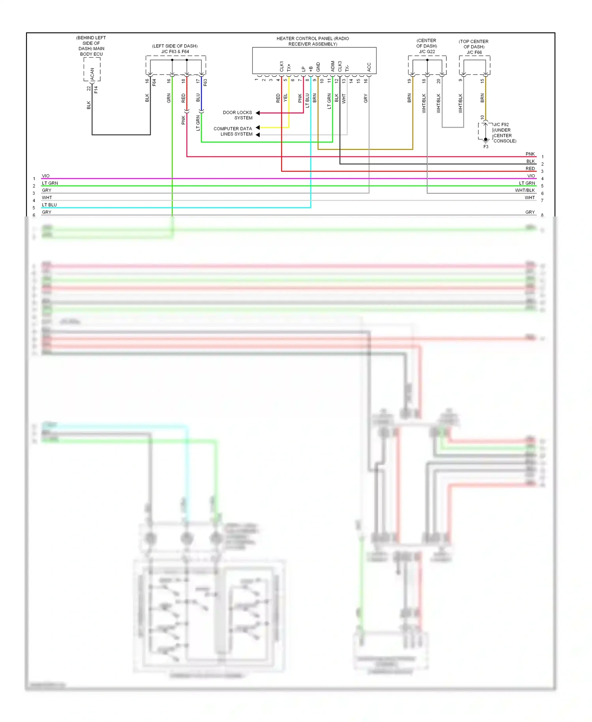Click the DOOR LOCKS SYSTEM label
pyautogui.click(x=238, y=115)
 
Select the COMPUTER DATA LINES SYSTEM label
pyautogui.click(x=233, y=131)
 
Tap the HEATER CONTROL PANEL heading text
pyautogui.click(x=313, y=41)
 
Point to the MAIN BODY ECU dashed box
pyautogui.click(x=92, y=70)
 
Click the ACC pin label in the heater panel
pyautogui.click(x=369, y=67)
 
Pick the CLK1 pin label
pyautogui.click(x=282, y=66)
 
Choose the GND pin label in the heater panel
pyautogui.click(x=318, y=67)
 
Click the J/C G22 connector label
pyautogui.click(x=427, y=51)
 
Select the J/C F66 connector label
pyautogui.click(x=474, y=52)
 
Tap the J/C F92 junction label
pyautogui.click(x=501, y=124)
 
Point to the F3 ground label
pyautogui.click(x=486, y=147)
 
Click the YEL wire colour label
pyautogui.click(x=286, y=98)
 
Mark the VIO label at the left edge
pyautogui.click(x=46, y=176)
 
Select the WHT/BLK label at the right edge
pyautogui.click(x=525, y=190)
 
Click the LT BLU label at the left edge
pyautogui.click(x=49, y=205)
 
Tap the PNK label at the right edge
pyautogui.click(x=530, y=154)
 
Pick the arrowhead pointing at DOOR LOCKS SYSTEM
pyautogui.click(x=258, y=113)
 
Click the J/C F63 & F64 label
pyautogui.click(x=175, y=51)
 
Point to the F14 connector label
pyautogui.click(x=96, y=90)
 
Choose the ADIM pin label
pyautogui.click(x=333, y=66)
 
